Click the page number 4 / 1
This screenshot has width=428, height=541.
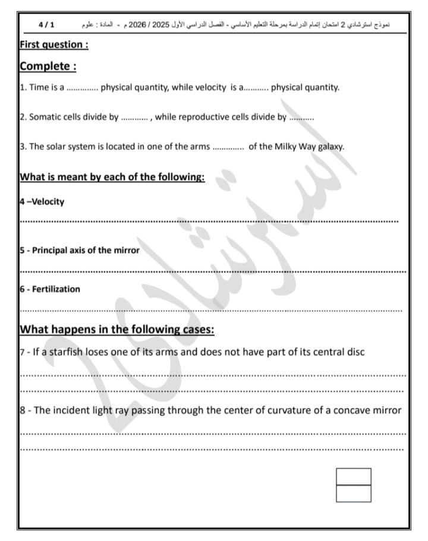[46, 26]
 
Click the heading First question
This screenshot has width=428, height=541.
[54, 45]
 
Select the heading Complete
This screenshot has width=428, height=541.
[48, 66]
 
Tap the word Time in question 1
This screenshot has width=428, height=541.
[39, 87]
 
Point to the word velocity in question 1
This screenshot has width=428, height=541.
[208, 87]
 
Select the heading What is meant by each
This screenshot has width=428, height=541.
[112, 176]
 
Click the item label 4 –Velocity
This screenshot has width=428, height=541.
[42, 201]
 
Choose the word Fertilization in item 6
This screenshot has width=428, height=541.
[56, 289]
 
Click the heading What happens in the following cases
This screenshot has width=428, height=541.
[117, 330]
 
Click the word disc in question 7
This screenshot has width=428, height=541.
[355, 352]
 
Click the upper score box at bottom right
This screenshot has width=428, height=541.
[354, 476]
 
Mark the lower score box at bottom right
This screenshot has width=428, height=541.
[354, 493]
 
